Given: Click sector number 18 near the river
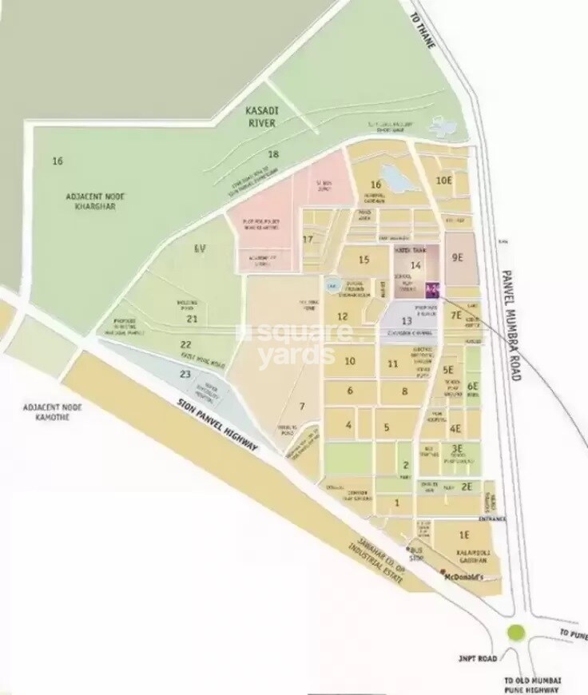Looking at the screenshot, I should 273,154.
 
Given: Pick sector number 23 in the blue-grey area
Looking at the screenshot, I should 185,373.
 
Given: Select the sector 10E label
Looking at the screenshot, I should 444,180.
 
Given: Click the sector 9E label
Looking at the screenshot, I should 457,257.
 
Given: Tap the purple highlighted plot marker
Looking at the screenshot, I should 433,289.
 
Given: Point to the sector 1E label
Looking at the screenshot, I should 463,534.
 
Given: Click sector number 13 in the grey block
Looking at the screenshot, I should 406,321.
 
